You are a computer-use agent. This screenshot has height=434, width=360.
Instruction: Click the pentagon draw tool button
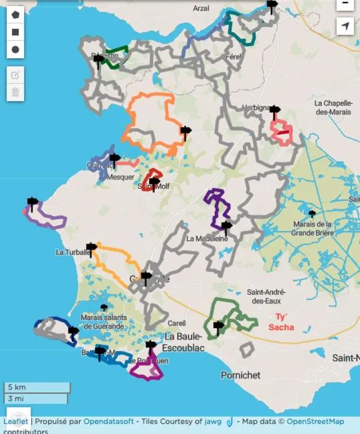point(15,14)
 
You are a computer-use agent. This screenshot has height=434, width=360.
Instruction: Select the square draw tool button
point(15,31)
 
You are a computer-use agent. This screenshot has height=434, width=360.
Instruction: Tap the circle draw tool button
point(15,49)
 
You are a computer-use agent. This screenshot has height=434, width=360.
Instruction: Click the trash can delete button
point(15,92)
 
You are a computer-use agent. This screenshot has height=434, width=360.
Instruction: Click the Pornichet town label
point(240,375)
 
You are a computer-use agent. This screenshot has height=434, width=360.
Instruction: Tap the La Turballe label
point(70,252)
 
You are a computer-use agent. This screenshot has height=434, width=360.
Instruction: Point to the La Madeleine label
point(207,238)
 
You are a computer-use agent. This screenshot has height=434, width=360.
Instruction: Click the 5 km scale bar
point(37,388)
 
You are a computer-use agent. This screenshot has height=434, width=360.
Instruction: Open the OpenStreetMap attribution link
point(315,421)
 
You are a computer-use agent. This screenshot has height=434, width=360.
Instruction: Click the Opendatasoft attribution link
point(110,421)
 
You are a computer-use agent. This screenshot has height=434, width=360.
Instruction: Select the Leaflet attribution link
point(16,421)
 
